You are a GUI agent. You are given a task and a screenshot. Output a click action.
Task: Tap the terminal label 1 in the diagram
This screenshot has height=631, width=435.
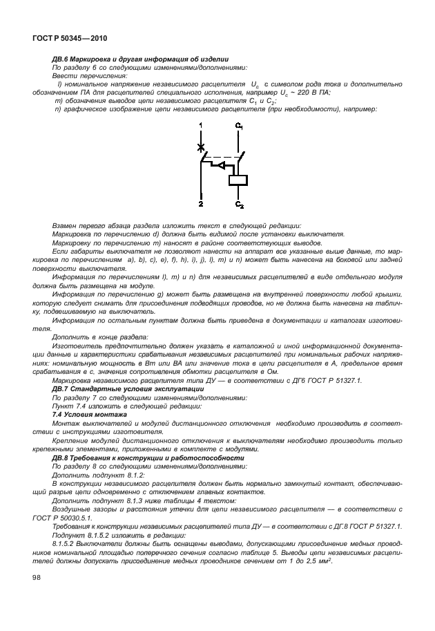coord(201,124)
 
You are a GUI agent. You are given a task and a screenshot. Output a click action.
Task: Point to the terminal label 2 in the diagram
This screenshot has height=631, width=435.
coord(201,205)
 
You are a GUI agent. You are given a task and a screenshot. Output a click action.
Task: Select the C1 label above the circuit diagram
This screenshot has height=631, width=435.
coord(239,126)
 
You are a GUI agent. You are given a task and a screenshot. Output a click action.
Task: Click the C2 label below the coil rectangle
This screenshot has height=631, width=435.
coord(240,205)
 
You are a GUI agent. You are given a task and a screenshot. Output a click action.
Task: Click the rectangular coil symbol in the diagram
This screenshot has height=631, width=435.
coord(239,180)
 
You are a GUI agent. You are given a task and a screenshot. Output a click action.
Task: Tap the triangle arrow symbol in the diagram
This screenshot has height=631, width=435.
coord(217,165)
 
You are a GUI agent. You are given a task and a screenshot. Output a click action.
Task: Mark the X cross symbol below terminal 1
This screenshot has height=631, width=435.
coord(201,147)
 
